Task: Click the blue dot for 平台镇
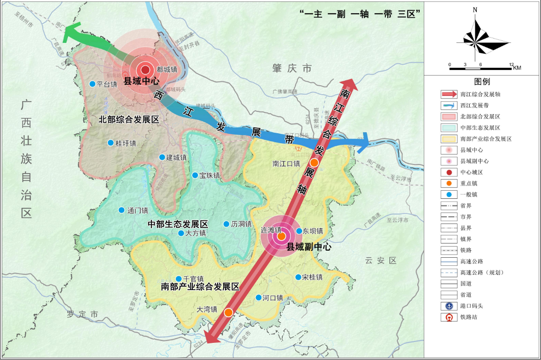click(92, 84)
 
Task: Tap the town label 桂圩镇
click(126, 143)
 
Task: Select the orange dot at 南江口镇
click(314, 163)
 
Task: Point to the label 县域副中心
click(309, 247)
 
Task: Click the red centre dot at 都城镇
click(146, 69)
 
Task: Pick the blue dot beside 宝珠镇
click(195, 175)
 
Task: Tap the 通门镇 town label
click(138, 210)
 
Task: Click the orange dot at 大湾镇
click(228, 312)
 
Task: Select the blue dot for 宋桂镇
click(298, 277)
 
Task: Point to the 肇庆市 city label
click(292, 68)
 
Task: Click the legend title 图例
click(482, 82)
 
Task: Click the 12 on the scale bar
click(511, 64)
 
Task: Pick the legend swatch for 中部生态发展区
click(449, 128)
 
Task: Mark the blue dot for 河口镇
click(258, 298)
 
